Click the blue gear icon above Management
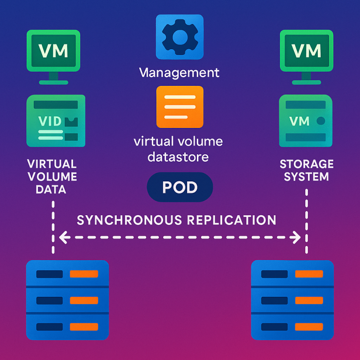(180, 38)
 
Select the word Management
(179, 73)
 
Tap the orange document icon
(180, 107)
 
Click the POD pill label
(180, 187)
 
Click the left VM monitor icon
(53, 51)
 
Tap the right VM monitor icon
(306, 51)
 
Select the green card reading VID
(56, 121)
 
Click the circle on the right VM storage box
(321, 121)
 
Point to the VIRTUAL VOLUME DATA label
(52, 177)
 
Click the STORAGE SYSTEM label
(307, 171)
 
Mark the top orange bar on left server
(84, 274)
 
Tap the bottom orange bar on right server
(309, 327)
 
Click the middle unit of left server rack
(67, 300)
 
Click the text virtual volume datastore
(179, 149)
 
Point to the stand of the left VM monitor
(53, 78)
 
